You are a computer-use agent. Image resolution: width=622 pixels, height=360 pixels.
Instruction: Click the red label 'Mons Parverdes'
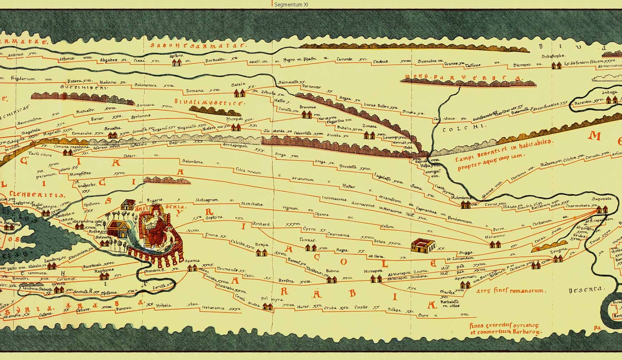click(x=463, y=78)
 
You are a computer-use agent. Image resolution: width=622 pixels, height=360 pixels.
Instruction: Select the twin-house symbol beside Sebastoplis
click(x=557, y=65)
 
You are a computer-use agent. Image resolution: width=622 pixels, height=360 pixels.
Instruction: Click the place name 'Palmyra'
click(x=271, y=299)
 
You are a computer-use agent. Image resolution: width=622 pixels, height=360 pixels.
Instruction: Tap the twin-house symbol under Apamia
click(x=192, y=268)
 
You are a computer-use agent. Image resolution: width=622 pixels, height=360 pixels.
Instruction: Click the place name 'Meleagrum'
click(x=206, y=200)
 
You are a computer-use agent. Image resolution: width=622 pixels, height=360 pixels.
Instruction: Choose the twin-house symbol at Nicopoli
click(x=236, y=127)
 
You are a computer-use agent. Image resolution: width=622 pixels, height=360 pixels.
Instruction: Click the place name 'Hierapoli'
click(x=373, y=271)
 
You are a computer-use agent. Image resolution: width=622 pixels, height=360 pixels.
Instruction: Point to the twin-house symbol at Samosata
click(x=602, y=210)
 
